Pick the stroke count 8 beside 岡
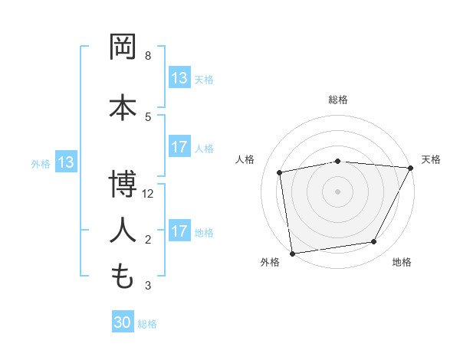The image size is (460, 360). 148,56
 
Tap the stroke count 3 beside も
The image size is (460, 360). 148,286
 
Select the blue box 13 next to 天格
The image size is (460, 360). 179,79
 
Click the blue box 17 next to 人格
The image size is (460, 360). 179,148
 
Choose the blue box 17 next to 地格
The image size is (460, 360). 179,232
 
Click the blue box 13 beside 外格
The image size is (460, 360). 66,162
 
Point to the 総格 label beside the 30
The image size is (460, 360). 147,324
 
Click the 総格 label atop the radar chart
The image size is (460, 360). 338,100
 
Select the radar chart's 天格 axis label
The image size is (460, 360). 431,159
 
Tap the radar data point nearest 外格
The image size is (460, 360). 292,253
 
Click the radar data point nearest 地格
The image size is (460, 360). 374,242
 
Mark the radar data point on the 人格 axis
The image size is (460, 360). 281,172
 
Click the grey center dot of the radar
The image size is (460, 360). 337,191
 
